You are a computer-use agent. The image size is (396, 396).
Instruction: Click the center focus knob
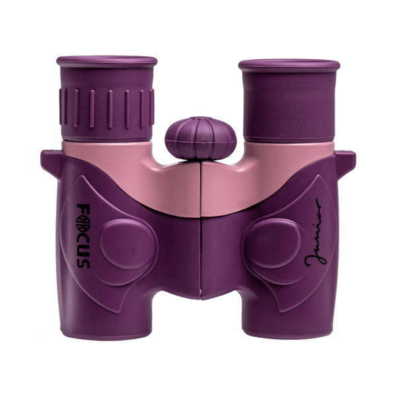tap(201, 138)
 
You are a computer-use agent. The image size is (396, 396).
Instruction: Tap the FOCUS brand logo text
tap(83, 236)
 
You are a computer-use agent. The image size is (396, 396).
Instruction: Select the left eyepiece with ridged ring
tap(107, 98)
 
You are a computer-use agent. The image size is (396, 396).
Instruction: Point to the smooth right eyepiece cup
tap(290, 100)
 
